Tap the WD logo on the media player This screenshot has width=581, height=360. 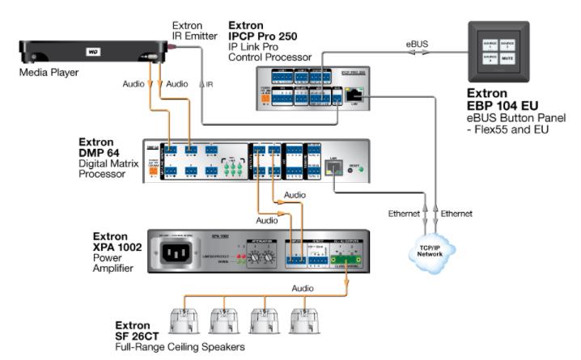point(91,51)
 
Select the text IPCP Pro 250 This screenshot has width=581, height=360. point(263,36)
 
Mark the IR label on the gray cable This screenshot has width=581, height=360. point(209,84)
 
